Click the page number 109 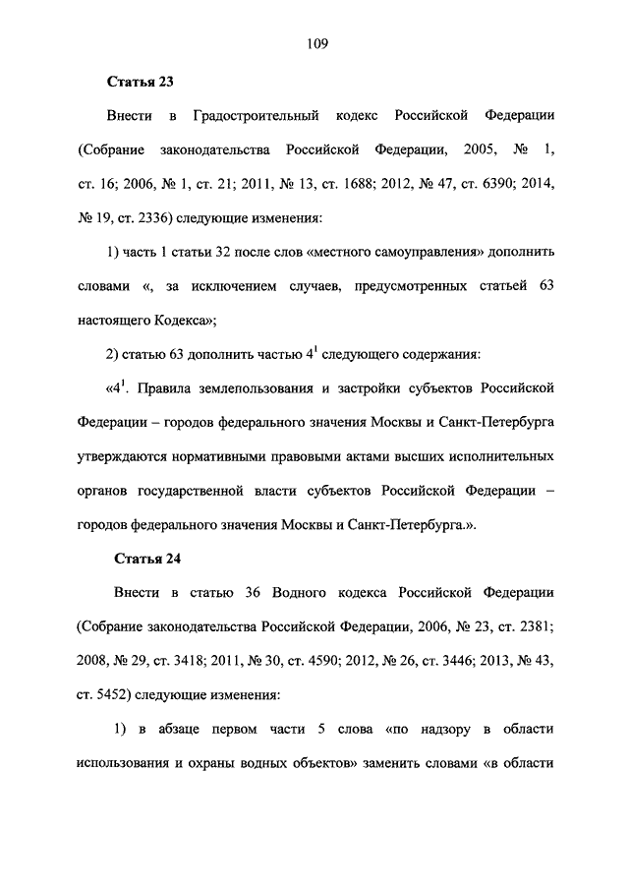(x=314, y=43)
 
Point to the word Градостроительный (x=257, y=116)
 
